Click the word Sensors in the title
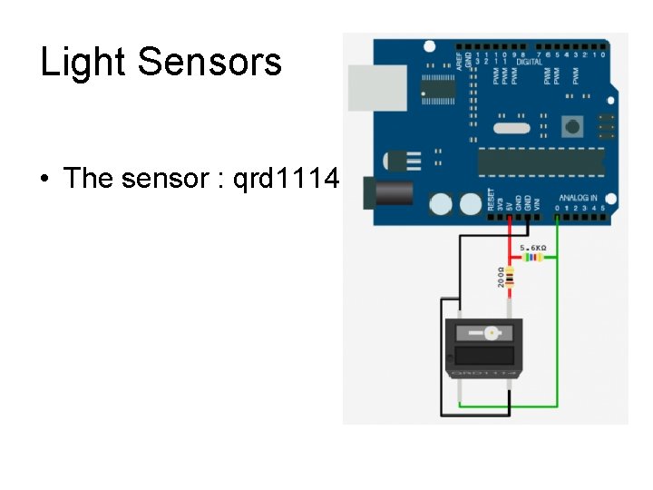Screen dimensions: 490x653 click(210, 63)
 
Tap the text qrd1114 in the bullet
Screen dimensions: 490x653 click(286, 178)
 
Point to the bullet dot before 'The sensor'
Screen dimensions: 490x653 click(44, 179)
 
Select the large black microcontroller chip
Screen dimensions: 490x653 click(541, 161)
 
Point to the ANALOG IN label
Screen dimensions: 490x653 click(578, 197)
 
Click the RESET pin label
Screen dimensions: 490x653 click(492, 199)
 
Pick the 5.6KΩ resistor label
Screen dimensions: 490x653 click(532, 247)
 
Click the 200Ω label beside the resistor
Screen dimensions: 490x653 click(500, 277)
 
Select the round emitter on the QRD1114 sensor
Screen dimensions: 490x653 click(491, 333)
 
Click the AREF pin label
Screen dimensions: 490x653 click(459, 60)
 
